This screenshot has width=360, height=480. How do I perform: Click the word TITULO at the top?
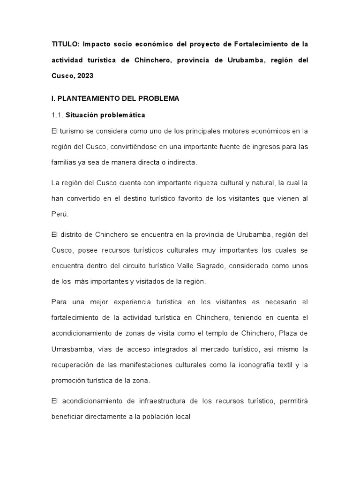click(66, 44)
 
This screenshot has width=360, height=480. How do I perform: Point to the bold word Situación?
click(82, 115)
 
